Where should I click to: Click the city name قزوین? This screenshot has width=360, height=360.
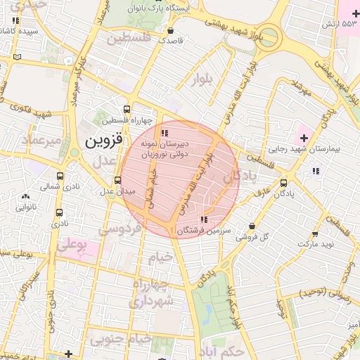pyautogui.click(x=103, y=140)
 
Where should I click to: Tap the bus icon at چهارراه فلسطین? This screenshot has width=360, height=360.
pyautogui.click(x=127, y=109)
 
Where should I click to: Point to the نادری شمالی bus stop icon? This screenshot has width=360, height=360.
pyautogui.click(x=60, y=176)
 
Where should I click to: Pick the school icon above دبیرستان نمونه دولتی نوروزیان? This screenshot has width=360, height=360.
pyautogui.click(x=165, y=132)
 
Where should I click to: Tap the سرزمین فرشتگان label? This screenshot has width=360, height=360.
pyautogui.click(x=205, y=230)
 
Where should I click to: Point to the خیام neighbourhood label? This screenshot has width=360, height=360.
pyautogui.click(x=159, y=257)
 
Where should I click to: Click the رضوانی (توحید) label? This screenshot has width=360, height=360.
pyautogui.click(x=326, y=292)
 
